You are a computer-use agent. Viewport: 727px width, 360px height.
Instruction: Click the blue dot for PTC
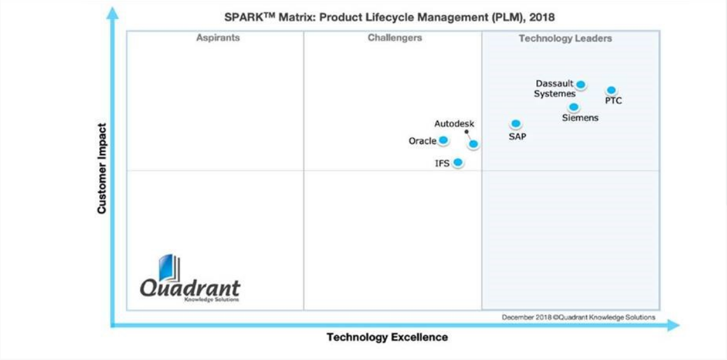tap(611, 90)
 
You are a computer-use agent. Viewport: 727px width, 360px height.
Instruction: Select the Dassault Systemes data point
tap(581, 85)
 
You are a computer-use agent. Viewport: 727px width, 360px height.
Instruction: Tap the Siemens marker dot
tap(574, 107)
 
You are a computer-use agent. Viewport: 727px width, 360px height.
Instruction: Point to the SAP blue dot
tap(516, 124)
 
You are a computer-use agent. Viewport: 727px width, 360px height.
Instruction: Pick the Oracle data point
tap(443, 140)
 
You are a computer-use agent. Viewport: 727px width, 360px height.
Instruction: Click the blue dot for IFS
tap(458, 163)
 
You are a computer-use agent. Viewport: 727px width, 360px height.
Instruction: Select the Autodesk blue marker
tap(473, 144)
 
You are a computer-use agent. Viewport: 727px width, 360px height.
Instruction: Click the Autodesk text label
tap(454, 124)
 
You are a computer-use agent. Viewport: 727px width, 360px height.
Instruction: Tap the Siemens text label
tap(580, 118)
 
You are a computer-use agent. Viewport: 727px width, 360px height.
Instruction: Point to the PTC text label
tap(614, 101)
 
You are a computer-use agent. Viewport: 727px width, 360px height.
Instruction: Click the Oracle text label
tap(422, 141)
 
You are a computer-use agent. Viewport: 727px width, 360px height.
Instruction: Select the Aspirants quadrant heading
tap(218, 38)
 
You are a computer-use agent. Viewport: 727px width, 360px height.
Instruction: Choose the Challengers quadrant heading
tap(394, 38)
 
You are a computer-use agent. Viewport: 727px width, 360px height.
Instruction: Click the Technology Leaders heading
tap(565, 39)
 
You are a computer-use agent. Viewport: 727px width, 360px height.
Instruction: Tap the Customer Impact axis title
tap(102, 169)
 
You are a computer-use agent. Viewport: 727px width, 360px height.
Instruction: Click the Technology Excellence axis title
tap(387, 337)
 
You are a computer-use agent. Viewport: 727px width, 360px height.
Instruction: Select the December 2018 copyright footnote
tap(578, 317)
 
